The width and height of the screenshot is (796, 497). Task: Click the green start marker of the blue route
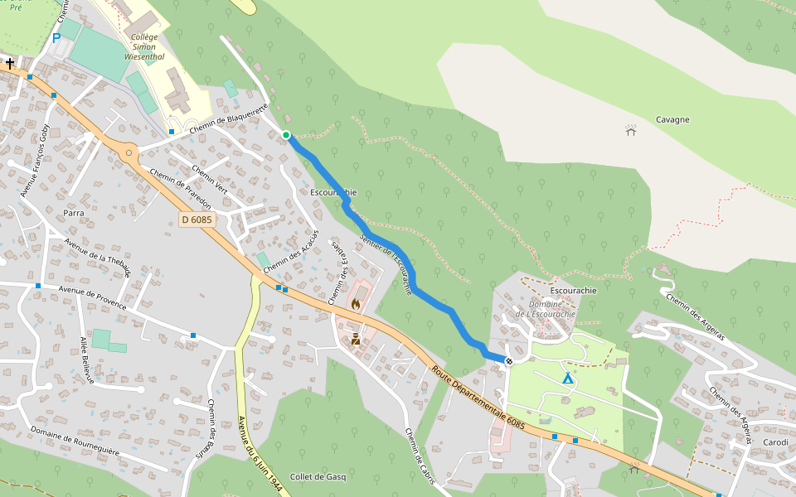[286, 135]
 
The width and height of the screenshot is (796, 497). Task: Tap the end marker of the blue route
[509, 360]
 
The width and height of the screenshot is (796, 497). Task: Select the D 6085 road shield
[197, 220]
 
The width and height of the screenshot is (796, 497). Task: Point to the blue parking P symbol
[56, 37]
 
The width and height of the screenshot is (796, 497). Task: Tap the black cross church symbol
[10, 63]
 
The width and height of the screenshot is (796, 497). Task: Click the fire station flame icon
[356, 304]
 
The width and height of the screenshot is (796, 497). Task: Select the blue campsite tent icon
[568, 379]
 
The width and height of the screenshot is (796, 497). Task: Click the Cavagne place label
[672, 119]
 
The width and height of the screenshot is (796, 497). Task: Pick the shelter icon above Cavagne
[631, 130]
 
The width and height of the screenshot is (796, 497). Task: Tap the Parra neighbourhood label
[74, 213]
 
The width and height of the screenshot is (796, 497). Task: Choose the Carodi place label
[775, 442]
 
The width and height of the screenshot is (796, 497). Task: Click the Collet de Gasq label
[318, 476]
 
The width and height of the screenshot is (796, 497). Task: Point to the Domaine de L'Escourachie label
[545, 309]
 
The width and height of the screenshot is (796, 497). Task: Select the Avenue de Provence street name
[92, 297]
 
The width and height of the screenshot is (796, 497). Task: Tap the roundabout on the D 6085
[129, 152]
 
